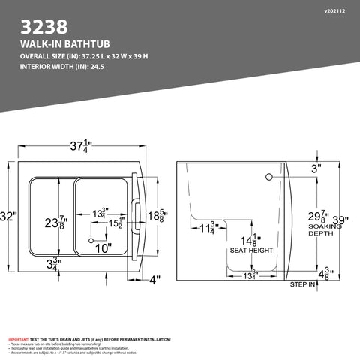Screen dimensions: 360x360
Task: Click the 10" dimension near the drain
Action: click(x=102, y=248)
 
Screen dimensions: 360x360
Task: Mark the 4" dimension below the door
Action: click(x=154, y=280)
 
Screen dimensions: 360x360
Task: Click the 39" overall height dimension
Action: click(x=341, y=220)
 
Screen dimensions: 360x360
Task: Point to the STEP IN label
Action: click(x=302, y=285)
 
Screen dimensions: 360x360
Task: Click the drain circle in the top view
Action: click(x=91, y=240)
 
